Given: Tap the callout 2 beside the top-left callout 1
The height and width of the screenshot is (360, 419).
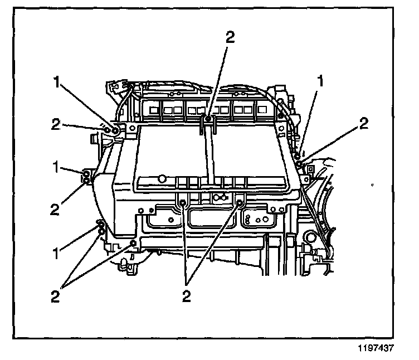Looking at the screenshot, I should click(55, 124).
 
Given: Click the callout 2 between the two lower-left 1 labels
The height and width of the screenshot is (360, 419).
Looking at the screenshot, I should click(55, 209).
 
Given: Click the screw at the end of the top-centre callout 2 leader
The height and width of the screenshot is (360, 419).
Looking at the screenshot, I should click(208, 118).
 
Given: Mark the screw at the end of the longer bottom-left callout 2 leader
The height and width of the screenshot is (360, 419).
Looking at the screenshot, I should click(133, 243).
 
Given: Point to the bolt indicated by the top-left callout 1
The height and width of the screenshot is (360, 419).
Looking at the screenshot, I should click(114, 130).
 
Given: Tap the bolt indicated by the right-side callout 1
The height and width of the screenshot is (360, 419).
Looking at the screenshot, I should click(299, 155).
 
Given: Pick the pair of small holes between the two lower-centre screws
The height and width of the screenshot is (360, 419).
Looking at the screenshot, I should click(219, 197).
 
